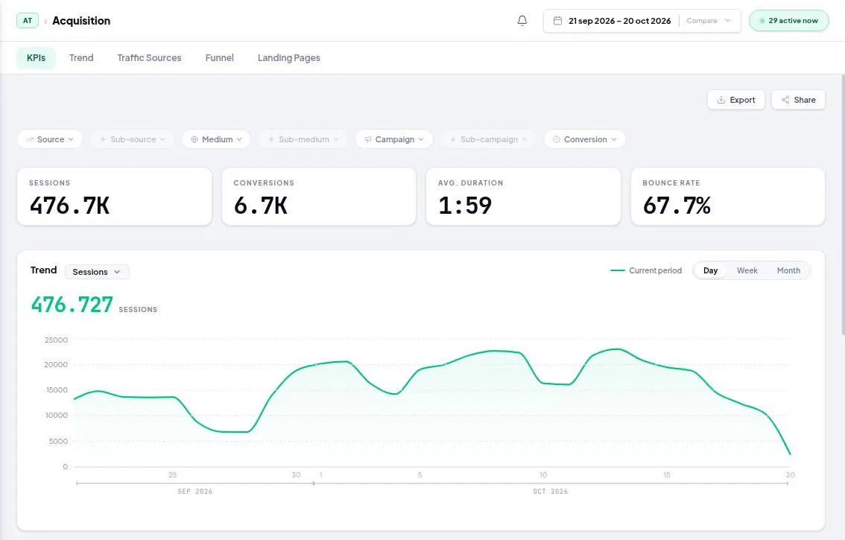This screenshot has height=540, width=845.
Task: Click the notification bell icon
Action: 522,20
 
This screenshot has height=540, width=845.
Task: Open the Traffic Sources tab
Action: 149,57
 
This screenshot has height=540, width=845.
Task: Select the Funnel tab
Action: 219,57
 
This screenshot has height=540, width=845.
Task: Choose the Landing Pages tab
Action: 289,57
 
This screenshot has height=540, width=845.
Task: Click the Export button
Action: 736,100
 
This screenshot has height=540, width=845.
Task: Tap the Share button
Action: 798,100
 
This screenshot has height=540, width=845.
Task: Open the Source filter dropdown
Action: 50,139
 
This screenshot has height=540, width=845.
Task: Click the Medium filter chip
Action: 216,139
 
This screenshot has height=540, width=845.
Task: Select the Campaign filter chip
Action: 394,139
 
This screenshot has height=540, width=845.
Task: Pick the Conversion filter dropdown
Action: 585,139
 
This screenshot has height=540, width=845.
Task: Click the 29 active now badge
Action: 789,20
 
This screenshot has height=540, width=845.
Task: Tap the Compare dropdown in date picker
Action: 708,20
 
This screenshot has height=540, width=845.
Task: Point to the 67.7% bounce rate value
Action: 677,206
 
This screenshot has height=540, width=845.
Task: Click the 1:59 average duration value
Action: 465,206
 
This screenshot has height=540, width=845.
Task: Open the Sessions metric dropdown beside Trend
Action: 97,272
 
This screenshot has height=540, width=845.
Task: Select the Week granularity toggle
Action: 747,270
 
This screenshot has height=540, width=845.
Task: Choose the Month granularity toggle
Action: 788,270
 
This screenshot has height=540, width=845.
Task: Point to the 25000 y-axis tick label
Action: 56,340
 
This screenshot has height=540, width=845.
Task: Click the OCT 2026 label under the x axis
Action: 550,492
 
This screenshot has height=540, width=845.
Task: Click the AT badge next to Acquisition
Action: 28,20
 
